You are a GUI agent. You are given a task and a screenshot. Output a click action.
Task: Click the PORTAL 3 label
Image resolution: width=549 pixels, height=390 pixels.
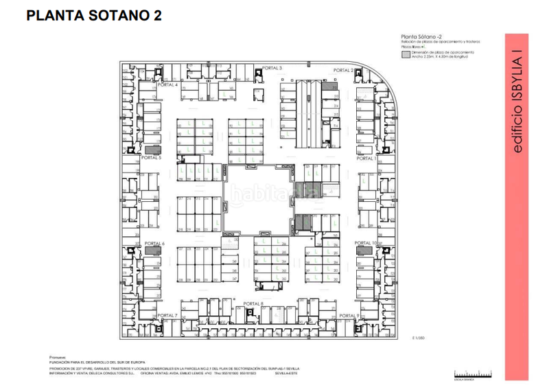click(x=272, y=68)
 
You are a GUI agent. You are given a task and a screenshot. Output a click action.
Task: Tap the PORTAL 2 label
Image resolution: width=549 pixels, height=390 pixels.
click(x=343, y=71)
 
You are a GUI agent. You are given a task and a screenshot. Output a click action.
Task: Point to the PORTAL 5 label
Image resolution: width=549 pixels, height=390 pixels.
click(x=150, y=157)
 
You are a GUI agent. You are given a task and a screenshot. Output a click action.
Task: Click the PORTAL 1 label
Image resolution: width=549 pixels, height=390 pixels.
click(x=366, y=158)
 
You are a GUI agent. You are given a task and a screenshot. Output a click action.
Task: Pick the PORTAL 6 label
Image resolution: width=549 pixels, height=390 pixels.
click(x=154, y=243)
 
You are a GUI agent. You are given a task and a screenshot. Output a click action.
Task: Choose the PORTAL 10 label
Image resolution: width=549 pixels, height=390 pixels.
click(x=366, y=243)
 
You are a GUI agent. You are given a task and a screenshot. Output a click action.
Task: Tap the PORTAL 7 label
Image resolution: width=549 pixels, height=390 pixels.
click(x=167, y=315)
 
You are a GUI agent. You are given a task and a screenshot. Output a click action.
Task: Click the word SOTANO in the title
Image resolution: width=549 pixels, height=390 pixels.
click(x=115, y=15)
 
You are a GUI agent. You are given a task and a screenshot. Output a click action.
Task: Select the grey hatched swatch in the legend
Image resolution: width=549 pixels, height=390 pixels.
click(x=406, y=53)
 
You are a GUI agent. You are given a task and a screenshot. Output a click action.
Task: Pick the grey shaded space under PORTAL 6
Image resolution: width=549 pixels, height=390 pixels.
click(x=152, y=252)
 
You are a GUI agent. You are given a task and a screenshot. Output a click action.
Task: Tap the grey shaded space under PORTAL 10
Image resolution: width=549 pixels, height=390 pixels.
click(x=364, y=251)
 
